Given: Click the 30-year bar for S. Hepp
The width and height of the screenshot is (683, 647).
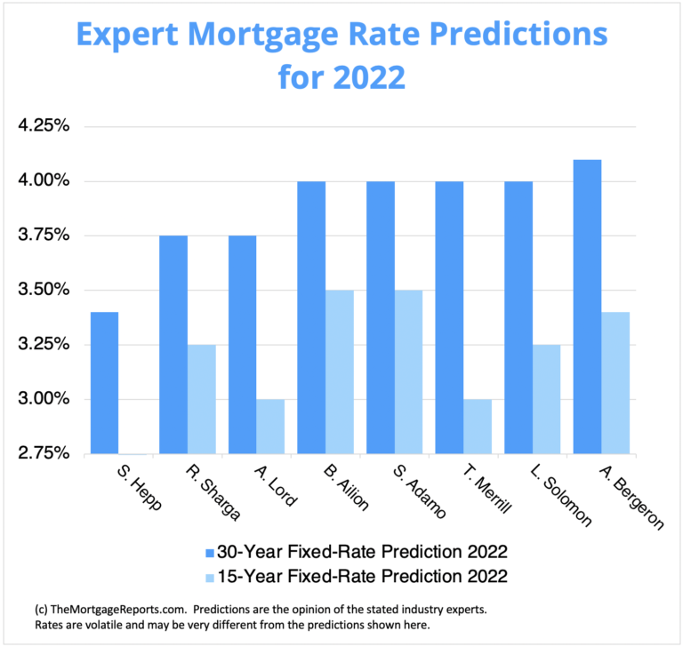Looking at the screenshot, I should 104,383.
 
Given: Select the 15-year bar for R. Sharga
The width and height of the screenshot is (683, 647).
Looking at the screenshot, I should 201,399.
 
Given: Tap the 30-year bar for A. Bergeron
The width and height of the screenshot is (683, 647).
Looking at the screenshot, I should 587,307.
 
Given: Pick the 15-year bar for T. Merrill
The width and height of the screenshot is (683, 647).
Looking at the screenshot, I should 478,426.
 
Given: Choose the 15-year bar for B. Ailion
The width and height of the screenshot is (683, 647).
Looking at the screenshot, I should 340,371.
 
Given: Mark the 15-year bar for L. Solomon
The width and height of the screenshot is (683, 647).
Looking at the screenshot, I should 547,399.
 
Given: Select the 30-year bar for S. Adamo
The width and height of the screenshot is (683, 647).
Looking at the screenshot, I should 381,317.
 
